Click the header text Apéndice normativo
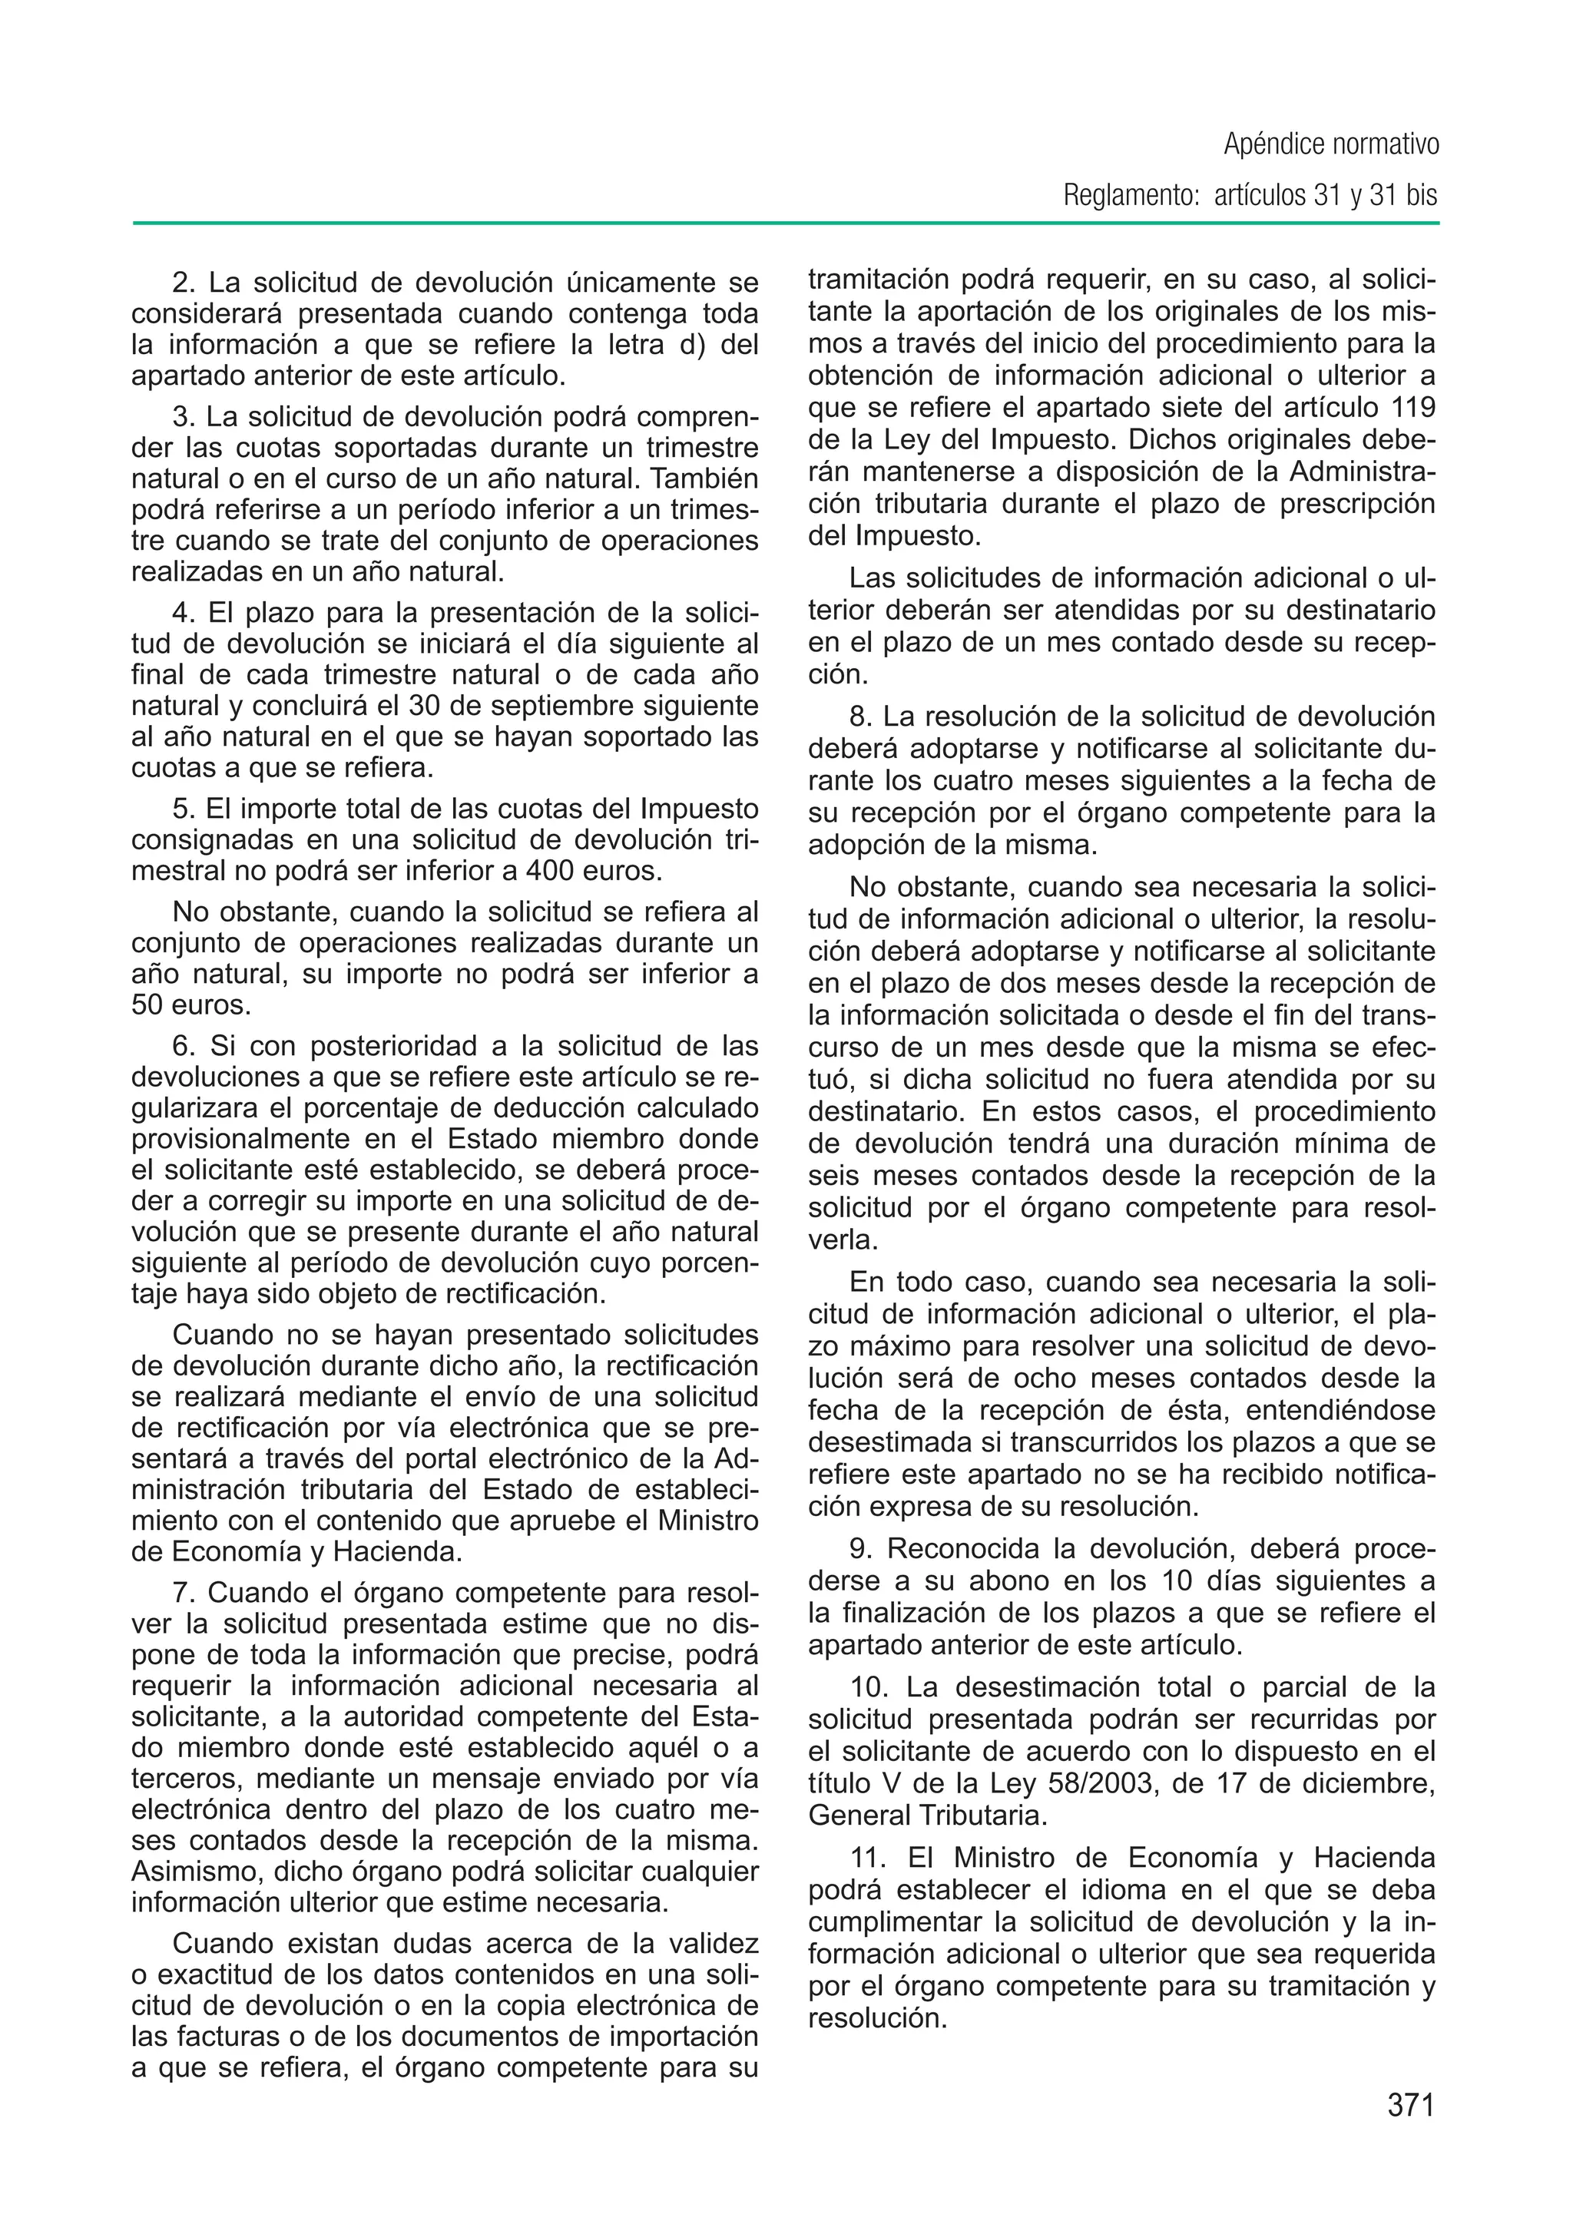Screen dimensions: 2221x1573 click(x=1331, y=144)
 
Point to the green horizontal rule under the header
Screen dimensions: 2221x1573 click(x=786, y=223)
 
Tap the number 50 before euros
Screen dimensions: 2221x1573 click(x=147, y=1005)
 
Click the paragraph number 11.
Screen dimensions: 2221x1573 click(x=869, y=1858)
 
